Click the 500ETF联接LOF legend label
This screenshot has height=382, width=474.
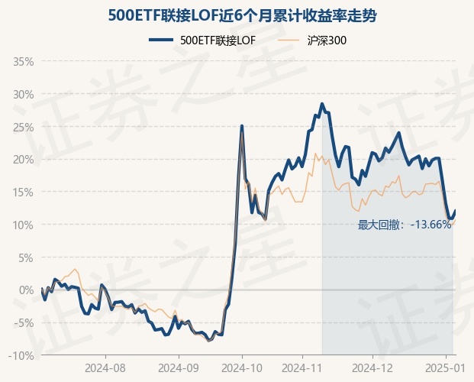coord(217,40)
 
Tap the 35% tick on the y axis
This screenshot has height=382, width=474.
coord(24,61)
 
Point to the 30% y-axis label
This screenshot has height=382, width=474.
coord(24,94)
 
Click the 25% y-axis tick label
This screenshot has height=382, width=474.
coord(24,127)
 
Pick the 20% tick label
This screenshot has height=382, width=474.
coord(24,160)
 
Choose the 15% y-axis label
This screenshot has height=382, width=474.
coord(24,192)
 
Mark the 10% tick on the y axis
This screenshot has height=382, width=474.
coord(24,225)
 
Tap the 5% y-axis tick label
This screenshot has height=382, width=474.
coord(26,257)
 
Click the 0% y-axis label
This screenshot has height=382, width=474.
coord(26,290)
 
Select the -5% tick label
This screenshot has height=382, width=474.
coord(24,322)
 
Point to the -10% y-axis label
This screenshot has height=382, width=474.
coord(22,355)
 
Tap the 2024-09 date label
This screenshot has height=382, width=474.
coord(179,367)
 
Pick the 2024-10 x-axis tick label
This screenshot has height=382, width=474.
coord(242,367)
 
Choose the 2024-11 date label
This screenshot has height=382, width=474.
coord(305,367)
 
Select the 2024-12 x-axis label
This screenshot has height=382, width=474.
coord(372,367)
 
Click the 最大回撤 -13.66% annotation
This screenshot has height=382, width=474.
coord(405,225)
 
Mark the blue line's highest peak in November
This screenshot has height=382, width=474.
coord(322,104)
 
